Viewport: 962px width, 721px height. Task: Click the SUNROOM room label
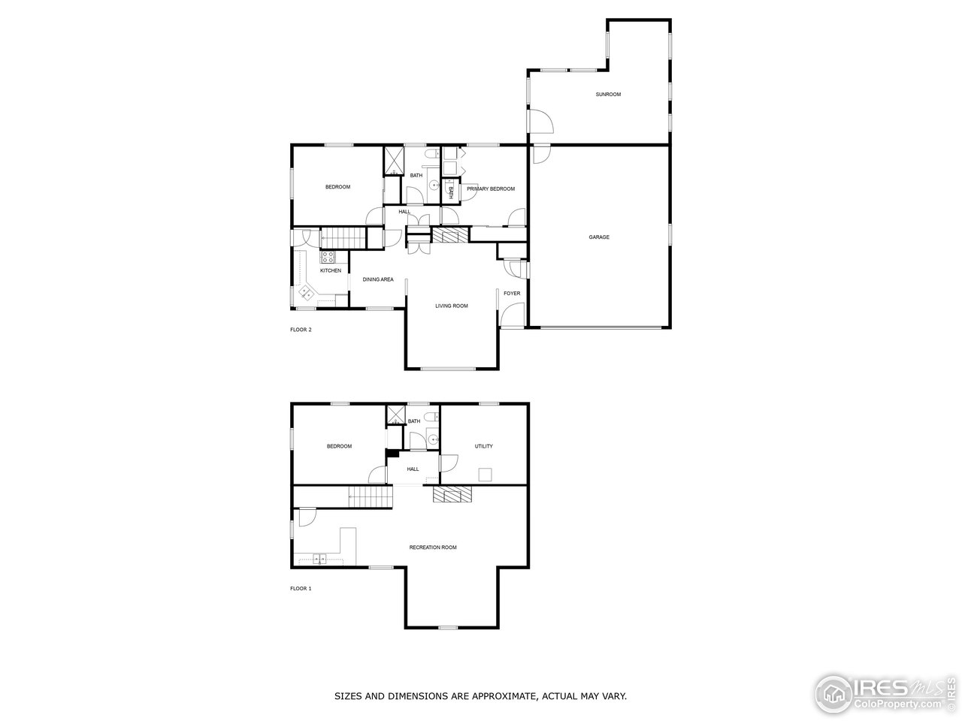(x=608, y=95)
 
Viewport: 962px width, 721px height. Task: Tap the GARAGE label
(x=599, y=237)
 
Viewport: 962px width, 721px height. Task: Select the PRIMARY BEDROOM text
(x=491, y=189)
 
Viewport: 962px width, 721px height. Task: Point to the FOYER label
(x=512, y=293)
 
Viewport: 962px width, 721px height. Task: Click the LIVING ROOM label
(x=452, y=306)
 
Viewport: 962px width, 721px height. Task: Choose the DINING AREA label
(x=378, y=279)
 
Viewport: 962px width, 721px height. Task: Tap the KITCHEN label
(x=331, y=270)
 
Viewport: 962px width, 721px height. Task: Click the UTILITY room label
(x=484, y=446)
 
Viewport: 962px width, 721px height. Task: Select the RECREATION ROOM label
(x=433, y=548)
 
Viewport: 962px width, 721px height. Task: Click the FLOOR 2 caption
(x=301, y=330)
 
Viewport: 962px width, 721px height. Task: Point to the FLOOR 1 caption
(x=301, y=589)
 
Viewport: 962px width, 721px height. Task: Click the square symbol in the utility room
(x=486, y=474)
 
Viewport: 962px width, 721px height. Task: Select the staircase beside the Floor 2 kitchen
(x=343, y=237)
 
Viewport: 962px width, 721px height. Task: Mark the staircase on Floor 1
(x=371, y=496)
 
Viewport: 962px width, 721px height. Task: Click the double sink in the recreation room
(x=320, y=559)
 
